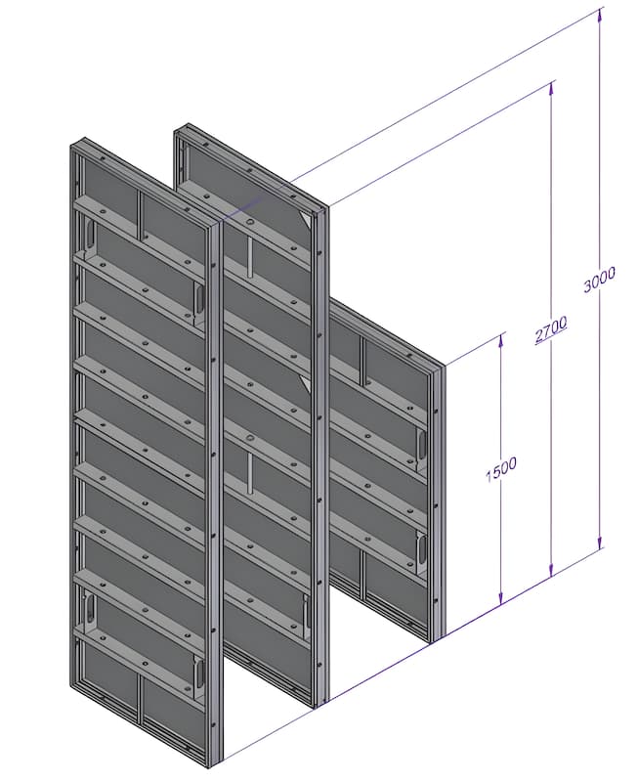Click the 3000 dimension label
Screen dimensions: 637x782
600,280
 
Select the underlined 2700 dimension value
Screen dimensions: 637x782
550,329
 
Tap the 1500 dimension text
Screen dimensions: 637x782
501,470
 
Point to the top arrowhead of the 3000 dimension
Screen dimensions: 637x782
600,17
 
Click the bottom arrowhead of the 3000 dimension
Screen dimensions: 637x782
600,541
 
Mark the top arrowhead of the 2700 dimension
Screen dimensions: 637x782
551,88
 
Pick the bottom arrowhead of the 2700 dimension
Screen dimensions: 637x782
551,569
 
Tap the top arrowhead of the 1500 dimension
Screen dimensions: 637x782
501,339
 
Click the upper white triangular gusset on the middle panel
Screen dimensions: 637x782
307,220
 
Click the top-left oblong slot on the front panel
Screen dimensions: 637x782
91,234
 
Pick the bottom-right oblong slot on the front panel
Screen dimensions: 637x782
200,673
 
